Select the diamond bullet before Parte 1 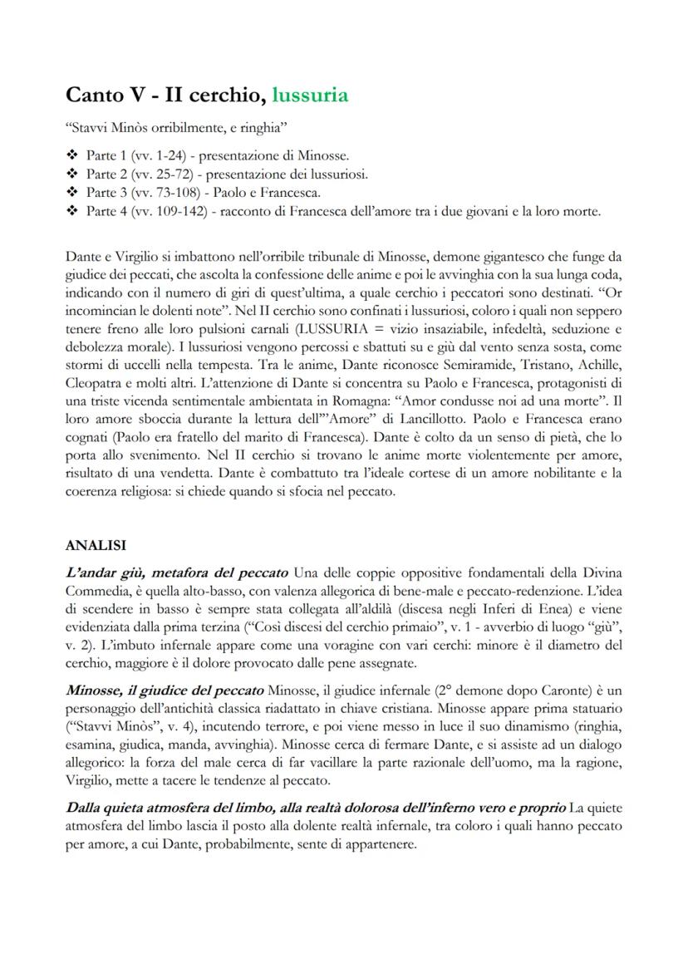(x=71, y=155)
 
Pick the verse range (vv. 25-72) (x=158, y=174)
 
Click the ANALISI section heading (x=96, y=546)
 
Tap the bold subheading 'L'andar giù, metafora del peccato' (x=176, y=573)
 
